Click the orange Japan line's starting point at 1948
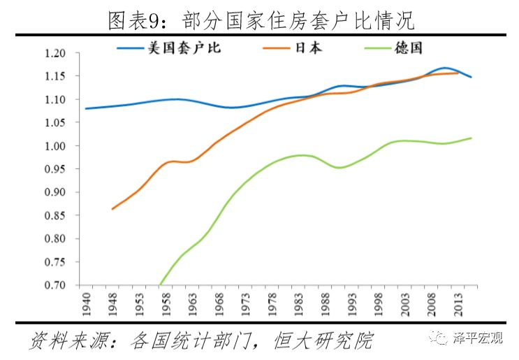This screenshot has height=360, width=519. click(x=112, y=209)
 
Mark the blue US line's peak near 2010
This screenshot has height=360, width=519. click(x=444, y=68)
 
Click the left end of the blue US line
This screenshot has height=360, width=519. click(x=85, y=108)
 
